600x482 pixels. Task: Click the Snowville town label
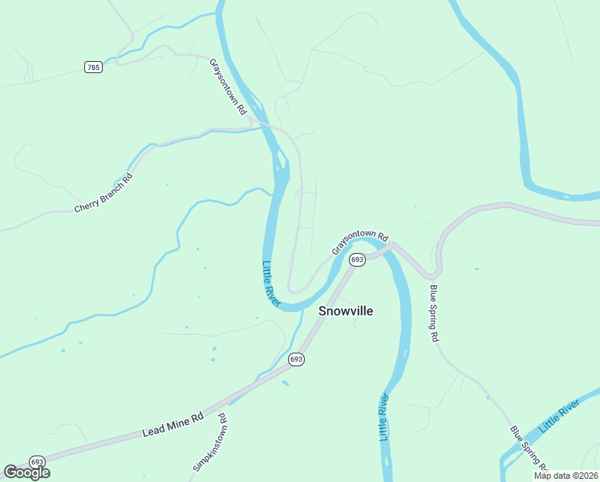(x=346, y=310)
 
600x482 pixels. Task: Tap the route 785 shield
(x=92, y=67)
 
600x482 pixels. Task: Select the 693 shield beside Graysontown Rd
(x=358, y=259)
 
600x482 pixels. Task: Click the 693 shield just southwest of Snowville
(x=296, y=358)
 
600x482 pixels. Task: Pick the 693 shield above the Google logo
(x=37, y=461)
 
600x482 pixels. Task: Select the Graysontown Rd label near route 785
(x=227, y=86)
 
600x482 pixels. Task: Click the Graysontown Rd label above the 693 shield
(x=360, y=243)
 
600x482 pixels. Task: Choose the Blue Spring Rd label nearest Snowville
(x=434, y=314)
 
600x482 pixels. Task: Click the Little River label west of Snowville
(x=271, y=284)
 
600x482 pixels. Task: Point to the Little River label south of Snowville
(x=384, y=416)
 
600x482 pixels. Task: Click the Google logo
(x=26, y=472)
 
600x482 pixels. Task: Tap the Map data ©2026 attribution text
(x=566, y=476)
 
